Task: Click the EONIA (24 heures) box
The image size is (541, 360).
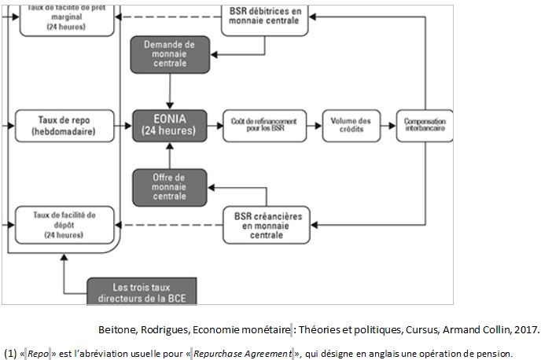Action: click(x=169, y=126)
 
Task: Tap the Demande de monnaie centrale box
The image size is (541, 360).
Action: click(x=169, y=55)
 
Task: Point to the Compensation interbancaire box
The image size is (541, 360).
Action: click(x=425, y=126)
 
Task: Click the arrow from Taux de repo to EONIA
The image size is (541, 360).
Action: click(x=112, y=126)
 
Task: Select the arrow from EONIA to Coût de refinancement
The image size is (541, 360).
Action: click(x=215, y=126)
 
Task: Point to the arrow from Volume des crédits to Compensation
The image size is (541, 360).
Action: click(x=386, y=126)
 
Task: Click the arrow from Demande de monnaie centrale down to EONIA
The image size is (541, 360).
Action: click(x=169, y=92)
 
